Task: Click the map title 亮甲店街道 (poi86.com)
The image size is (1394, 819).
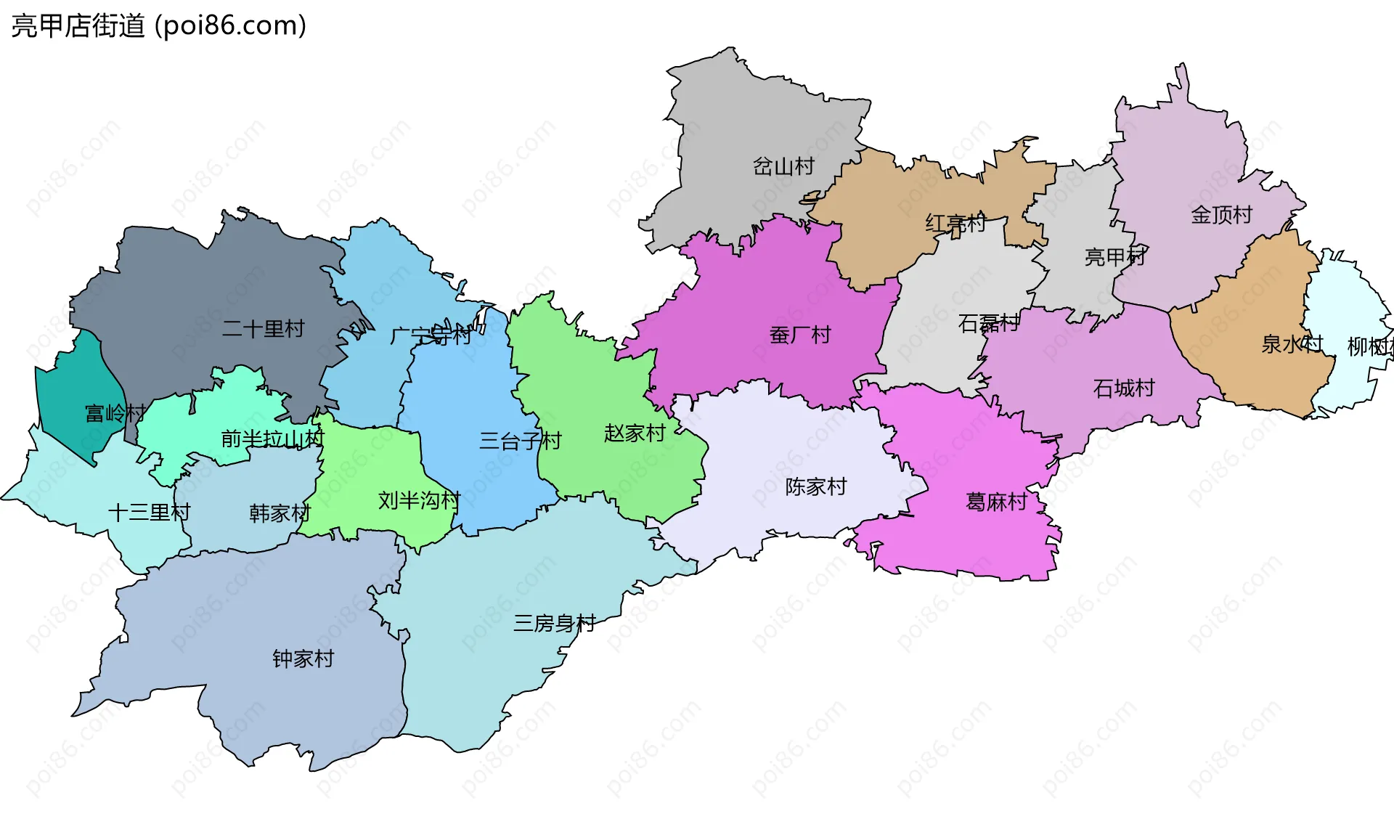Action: pyautogui.click(x=158, y=26)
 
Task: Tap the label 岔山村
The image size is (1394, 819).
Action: pyautogui.click(x=783, y=166)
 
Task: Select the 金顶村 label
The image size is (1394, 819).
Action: pyautogui.click(x=1222, y=214)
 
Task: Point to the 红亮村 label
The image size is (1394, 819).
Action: pyautogui.click(x=955, y=223)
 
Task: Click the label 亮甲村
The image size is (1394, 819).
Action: pyautogui.click(x=1114, y=256)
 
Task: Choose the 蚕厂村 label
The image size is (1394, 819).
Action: pyautogui.click(x=800, y=335)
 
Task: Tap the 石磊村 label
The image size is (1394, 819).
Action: pyautogui.click(x=989, y=323)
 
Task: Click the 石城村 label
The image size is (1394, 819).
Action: pyautogui.click(x=1124, y=388)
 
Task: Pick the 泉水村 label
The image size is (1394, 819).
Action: pyautogui.click(x=1292, y=343)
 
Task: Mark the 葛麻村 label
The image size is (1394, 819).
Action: pyautogui.click(x=996, y=501)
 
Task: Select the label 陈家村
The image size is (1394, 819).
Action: pyautogui.click(x=816, y=486)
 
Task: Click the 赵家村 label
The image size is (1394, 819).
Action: pyautogui.click(x=635, y=433)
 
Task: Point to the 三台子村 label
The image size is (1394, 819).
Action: pyautogui.click(x=520, y=440)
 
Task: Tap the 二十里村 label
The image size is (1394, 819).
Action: pyautogui.click(x=263, y=328)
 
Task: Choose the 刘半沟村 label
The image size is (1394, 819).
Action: pyautogui.click(x=419, y=500)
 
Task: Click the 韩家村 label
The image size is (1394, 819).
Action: pyautogui.click(x=280, y=513)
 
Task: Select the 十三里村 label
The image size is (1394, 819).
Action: pyautogui.click(x=149, y=512)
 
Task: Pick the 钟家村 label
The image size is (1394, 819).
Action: pyautogui.click(x=303, y=658)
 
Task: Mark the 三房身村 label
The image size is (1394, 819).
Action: pyautogui.click(x=554, y=622)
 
